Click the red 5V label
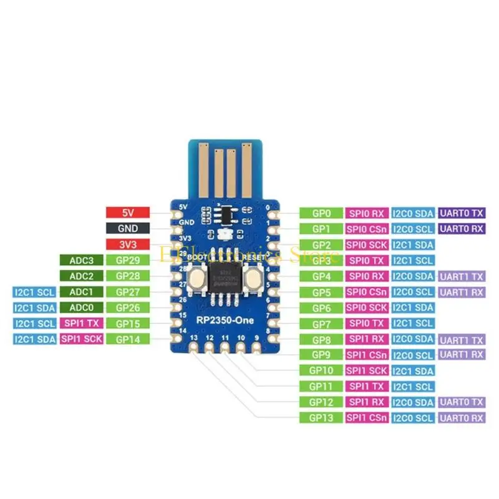128,213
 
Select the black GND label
128,228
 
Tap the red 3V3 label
128,244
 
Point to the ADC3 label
81,260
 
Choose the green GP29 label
128,260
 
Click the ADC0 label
81,307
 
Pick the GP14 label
128,339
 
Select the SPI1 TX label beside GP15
81,322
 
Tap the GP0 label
321,213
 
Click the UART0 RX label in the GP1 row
462,229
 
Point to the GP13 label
321,417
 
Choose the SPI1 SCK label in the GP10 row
367,371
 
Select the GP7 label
321,323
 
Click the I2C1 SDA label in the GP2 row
412,245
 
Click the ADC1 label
81,291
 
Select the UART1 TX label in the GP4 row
462,276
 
